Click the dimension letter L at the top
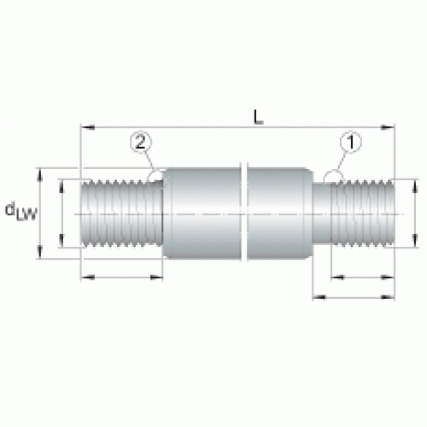258,118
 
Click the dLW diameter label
21,211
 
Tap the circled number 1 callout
351,142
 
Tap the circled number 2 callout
141,142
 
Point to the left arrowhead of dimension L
88,127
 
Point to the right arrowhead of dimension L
388,127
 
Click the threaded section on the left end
122,213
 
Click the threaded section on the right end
363,213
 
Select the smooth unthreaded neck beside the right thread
322,213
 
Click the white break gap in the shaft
243,212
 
